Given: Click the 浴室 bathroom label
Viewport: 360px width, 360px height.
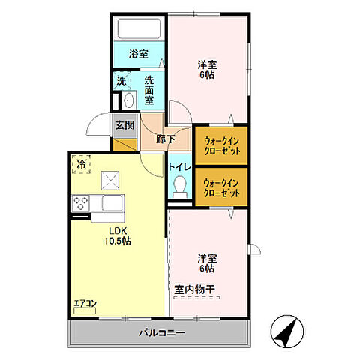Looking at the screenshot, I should pyautogui.click(x=137, y=54).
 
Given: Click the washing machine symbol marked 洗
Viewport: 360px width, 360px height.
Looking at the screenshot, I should pyautogui.click(x=121, y=81).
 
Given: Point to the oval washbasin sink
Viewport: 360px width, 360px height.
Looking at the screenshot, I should pyautogui.click(x=127, y=101).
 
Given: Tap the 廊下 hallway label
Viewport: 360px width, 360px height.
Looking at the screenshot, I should pyautogui.click(x=166, y=139).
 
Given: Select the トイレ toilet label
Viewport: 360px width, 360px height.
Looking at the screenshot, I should pyautogui.click(x=179, y=166).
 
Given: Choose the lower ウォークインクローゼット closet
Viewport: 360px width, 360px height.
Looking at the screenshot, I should pyautogui.click(x=221, y=187).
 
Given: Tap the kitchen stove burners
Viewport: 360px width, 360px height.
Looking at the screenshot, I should pyautogui.click(x=81, y=202).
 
